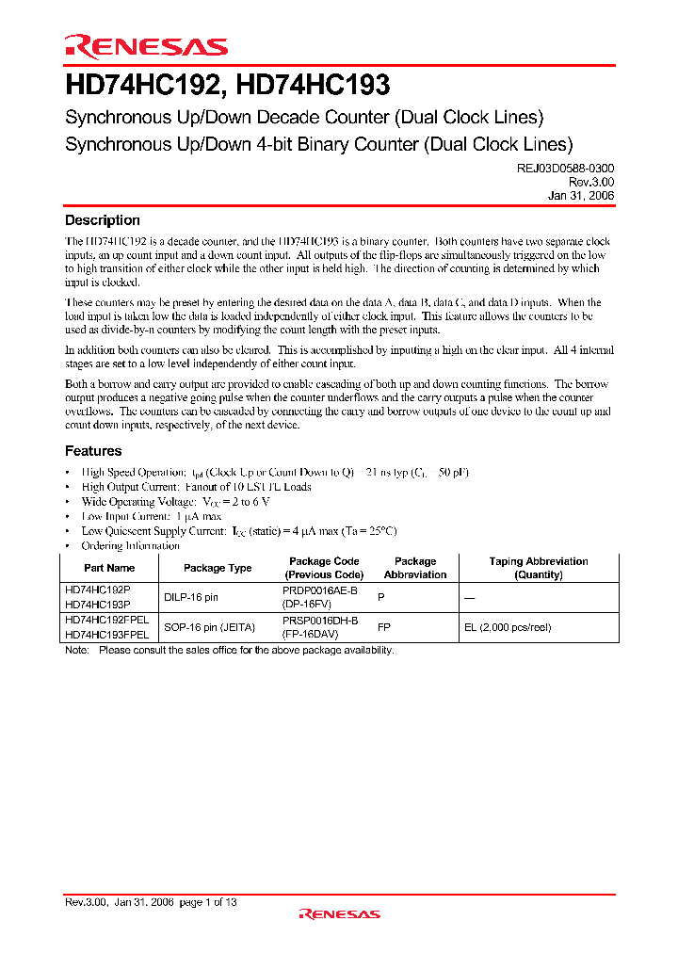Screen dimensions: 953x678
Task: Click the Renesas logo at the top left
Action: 146,47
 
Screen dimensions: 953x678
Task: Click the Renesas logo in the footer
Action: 339,913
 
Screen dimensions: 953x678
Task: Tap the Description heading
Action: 102,220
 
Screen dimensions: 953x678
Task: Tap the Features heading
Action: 93,451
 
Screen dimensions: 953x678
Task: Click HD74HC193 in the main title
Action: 313,87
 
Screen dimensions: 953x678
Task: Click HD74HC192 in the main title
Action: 142,87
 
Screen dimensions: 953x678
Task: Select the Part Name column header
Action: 109,568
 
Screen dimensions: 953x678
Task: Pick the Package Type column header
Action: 218,568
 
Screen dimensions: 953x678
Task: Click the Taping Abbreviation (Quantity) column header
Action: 539,568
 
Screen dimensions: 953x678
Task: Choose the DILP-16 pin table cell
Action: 191,597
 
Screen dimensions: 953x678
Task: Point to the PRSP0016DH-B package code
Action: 320,620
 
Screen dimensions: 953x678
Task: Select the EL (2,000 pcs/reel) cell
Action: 507,626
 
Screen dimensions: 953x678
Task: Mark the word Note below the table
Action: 76,650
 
